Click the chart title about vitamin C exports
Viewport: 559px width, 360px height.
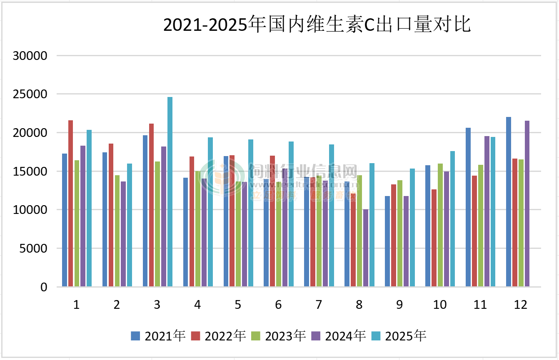[317, 25]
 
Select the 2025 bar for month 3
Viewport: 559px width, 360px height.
[170, 191]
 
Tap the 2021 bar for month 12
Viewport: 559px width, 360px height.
[509, 202]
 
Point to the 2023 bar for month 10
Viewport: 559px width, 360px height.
[440, 225]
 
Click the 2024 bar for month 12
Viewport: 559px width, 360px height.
[527, 204]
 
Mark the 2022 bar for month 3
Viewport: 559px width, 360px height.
[152, 205]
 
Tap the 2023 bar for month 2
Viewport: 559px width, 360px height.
[117, 231]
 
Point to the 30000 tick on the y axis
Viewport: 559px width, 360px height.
[30, 56]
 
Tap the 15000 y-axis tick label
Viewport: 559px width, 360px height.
[30, 171]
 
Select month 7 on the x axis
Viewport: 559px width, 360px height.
[319, 305]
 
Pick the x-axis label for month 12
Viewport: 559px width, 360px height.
[521, 305]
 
